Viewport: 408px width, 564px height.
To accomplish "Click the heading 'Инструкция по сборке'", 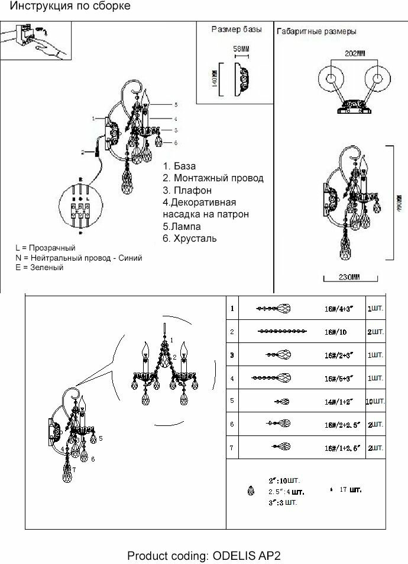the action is coord(70,7).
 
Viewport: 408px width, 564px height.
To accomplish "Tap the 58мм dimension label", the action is coord(240,48).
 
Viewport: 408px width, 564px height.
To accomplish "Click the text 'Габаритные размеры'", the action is coord(316,31).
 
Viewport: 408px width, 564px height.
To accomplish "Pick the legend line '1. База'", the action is coord(179,166).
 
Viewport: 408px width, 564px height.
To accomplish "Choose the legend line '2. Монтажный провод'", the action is coord(213,178).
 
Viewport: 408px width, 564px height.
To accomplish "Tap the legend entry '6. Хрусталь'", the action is coord(189,239).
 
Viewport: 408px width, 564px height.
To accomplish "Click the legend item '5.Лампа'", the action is coord(182,226).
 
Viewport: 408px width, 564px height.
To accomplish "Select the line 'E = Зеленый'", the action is coord(40,268).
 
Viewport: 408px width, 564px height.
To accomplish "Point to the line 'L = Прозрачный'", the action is coord(46,248).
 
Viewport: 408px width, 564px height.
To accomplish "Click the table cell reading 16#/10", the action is coord(335,332).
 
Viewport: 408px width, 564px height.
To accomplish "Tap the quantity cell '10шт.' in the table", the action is coord(375,401).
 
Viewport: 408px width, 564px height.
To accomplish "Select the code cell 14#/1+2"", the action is coord(339,401).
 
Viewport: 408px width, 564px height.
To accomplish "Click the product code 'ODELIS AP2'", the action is coord(247,556).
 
